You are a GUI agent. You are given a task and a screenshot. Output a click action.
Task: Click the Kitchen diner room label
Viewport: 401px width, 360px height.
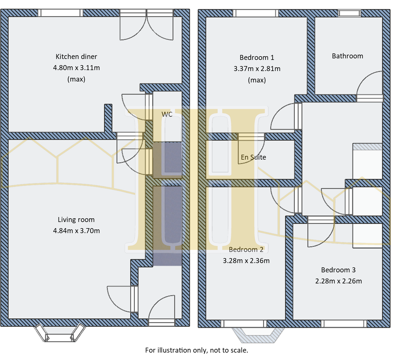coord(76,57)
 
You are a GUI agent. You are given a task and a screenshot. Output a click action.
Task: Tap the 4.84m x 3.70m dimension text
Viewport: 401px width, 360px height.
coord(76,231)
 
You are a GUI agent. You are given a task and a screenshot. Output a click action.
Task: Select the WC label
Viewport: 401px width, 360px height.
coord(167,115)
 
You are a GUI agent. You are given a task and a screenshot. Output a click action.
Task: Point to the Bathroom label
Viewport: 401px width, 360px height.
coord(347,56)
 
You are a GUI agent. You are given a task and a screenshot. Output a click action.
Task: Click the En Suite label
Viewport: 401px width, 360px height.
coord(253,157)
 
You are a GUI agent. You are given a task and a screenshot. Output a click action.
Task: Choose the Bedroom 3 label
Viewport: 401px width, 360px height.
coord(338,270)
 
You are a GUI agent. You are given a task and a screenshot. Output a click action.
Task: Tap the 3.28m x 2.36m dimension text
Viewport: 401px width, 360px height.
coord(246,261)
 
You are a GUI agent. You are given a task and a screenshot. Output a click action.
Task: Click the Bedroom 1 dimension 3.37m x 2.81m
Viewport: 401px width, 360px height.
coord(257,69)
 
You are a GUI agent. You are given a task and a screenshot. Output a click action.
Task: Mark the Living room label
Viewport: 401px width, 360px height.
coord(76,220)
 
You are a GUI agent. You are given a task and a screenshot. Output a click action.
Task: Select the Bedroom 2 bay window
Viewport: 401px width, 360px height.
coord(258,335)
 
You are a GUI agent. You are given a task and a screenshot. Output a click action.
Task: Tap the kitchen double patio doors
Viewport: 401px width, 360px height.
coord(147,26)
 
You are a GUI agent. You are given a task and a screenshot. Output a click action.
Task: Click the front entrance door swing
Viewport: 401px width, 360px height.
coord(162,309)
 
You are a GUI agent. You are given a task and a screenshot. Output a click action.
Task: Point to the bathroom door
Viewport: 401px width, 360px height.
coord(370,85)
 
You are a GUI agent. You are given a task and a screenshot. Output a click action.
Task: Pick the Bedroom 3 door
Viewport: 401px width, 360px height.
coord(321,232)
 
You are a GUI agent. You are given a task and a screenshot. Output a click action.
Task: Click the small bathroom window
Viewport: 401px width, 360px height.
coord(349,13)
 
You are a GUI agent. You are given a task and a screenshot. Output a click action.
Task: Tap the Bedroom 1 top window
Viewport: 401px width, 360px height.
coord(256,13)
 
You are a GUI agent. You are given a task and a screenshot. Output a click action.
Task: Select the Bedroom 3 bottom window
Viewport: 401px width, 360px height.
coord(344,324)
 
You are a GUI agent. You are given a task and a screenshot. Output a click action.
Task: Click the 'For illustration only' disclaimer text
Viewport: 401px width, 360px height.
coord(196,350)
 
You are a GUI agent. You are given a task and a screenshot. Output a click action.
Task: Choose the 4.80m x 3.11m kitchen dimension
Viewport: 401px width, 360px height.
coord(76,68)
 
